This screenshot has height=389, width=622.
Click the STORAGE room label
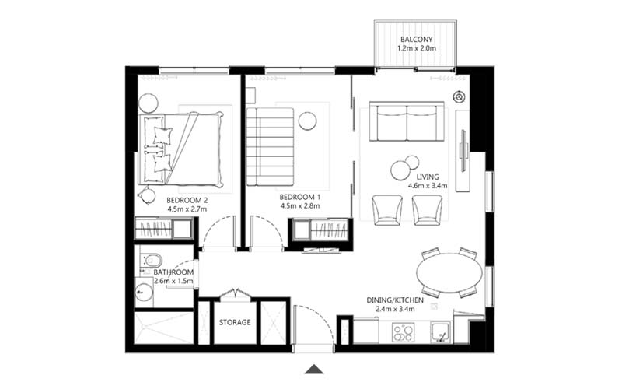point(234,322)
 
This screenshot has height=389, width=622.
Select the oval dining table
point(449,272)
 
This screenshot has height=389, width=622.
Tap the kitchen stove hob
point(403,333)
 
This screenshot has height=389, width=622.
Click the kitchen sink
point(442,333)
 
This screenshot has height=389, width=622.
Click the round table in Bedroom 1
point(307,121)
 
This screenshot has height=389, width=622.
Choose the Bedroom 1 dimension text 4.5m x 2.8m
point(300,209)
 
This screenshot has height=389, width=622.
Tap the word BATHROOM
point(173,272)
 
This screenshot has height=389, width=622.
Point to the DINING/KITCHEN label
point(395,300)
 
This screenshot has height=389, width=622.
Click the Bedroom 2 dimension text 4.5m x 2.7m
point(187,209)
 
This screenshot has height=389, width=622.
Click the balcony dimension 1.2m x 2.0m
point(416,48)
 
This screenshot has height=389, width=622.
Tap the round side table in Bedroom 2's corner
point(149,101)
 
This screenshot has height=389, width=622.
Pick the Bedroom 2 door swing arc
point(217,230)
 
